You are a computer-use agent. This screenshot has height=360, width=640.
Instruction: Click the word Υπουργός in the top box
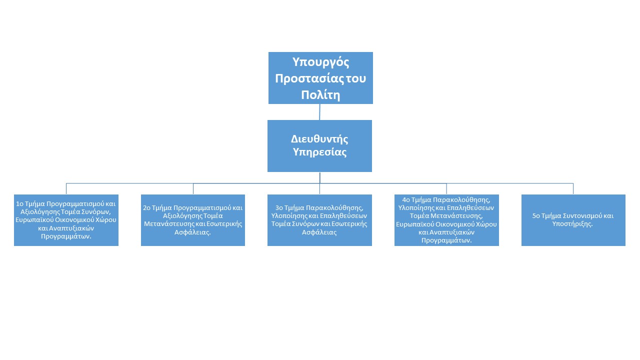tap(320, 62)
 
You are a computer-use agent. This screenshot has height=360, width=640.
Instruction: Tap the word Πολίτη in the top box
tap(320, 95)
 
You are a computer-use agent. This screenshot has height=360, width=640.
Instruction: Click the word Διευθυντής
tap(319, 138)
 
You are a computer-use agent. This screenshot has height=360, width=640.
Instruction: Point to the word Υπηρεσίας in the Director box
tap(319, 152)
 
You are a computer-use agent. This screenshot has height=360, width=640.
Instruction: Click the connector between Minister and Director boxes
tap(320, 112)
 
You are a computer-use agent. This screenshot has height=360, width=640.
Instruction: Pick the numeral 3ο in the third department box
tap(279, 207)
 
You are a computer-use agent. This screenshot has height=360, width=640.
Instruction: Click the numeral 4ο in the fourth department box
tap(406, 199)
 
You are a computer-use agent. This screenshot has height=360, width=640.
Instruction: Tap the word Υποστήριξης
tap(573, 224)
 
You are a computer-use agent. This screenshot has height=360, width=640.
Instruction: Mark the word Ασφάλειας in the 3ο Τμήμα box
tap(320, 232)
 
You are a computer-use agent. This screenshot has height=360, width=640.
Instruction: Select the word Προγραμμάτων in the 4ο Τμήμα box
tap(447, 240)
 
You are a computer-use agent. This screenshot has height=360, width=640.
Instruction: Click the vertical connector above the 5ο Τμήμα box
tap(573, 189)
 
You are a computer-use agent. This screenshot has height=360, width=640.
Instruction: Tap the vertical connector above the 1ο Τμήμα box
tap(66, 189)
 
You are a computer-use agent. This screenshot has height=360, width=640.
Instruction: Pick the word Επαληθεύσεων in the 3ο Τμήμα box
tap(346, 215)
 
